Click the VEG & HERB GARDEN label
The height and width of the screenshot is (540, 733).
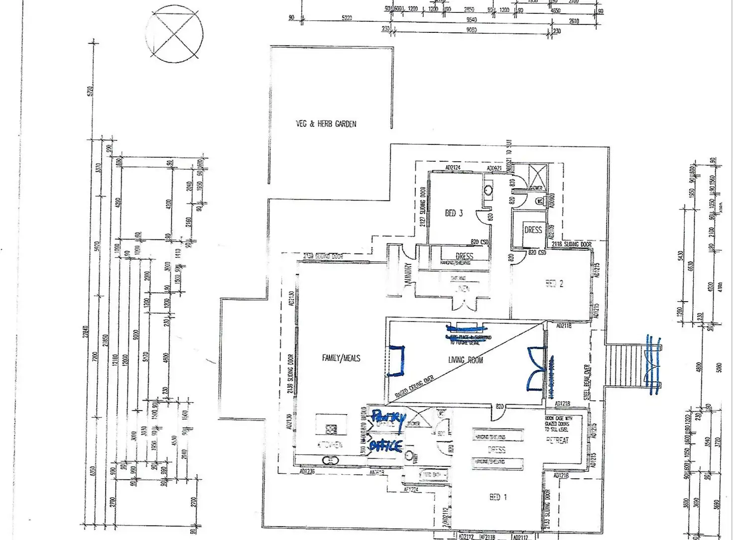326,124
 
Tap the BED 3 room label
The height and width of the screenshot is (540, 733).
454,213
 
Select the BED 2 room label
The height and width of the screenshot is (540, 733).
554,284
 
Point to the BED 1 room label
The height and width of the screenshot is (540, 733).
498,497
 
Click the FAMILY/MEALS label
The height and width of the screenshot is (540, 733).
341,358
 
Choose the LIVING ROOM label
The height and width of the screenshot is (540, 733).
466,360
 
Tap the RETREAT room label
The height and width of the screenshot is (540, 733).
557,440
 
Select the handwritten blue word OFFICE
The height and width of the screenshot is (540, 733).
385,445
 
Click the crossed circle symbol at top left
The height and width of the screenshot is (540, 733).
174,34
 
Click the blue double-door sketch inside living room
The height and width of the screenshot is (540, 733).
536,368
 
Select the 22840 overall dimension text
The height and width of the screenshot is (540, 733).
85,338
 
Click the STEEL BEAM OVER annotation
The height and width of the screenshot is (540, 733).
587,382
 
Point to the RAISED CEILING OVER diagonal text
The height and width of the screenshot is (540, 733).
414,387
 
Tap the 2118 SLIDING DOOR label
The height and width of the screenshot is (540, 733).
572,244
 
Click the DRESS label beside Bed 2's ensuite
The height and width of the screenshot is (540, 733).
533,230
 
